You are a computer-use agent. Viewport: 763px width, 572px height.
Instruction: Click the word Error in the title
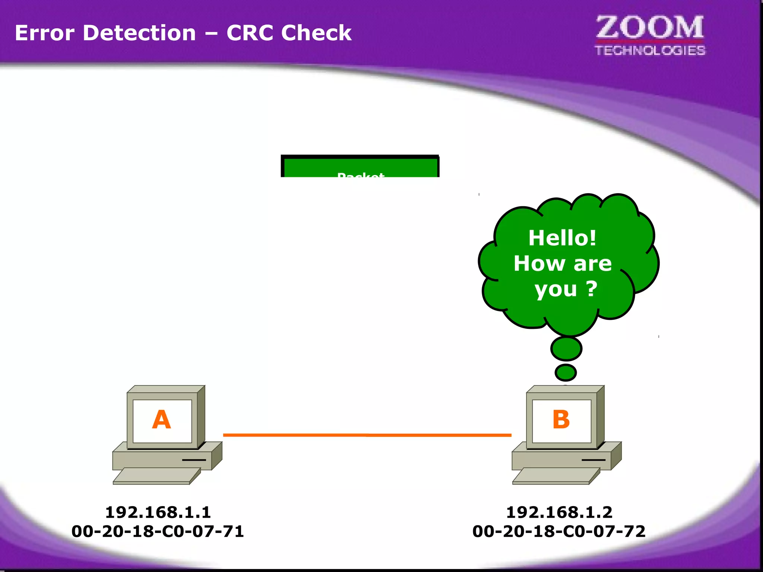tap(44, 33)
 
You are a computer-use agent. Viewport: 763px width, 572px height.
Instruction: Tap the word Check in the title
tap(316, 33)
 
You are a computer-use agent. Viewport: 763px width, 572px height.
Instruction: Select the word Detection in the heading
tap(139, 33)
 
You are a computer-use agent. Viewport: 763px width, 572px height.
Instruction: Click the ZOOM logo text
tap(650, 28)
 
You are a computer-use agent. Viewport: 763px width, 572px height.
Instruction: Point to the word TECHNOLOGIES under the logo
tap(650, 51)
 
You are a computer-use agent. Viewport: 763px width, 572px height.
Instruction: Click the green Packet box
tap(360, 168)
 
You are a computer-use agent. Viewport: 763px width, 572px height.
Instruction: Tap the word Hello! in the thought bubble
tap(562, 238)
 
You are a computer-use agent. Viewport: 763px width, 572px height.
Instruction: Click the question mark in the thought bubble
tap(592, 289)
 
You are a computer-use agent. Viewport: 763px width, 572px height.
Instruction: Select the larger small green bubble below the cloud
tap(566, 349)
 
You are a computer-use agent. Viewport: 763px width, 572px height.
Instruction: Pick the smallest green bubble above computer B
tap(566, 372)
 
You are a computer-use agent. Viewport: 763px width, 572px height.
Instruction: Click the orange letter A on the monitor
tap(161, 420)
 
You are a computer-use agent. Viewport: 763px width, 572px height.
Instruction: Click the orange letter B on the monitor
tap(561, 420)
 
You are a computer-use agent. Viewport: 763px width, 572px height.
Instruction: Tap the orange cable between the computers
tap(367, 435)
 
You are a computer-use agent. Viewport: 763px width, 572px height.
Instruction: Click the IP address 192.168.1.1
tap(158, 512)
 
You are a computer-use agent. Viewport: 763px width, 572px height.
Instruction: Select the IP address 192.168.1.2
tap(559, 512)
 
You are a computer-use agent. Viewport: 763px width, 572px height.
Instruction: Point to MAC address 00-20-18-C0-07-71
tap(158, 531)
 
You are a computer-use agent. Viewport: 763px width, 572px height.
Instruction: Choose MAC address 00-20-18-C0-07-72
tap(559, 531)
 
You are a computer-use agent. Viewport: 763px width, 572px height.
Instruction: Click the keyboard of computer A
tap(156, 476)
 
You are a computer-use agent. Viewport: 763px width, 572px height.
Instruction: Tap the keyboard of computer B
tap(556, 476)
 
